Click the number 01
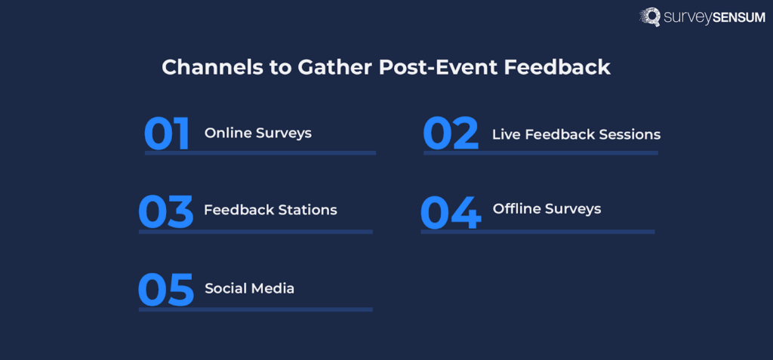[x=167, y=134]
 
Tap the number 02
[x=451, y=134]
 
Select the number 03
[x=166, y=212]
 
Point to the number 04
[x=450, y=213]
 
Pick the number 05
[x=166, y=291]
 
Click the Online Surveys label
[x=258, y=133]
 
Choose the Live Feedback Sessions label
[x=576, y=134]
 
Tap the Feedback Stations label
[x=270, y=210]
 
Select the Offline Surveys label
[x=547, y=208]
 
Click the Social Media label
[x=249, y=288]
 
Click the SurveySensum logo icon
[x=651, y=17]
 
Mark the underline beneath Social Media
[x=255, y=309]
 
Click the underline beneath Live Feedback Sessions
[x=540, y=152]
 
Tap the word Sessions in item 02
[x=630, y=134]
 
